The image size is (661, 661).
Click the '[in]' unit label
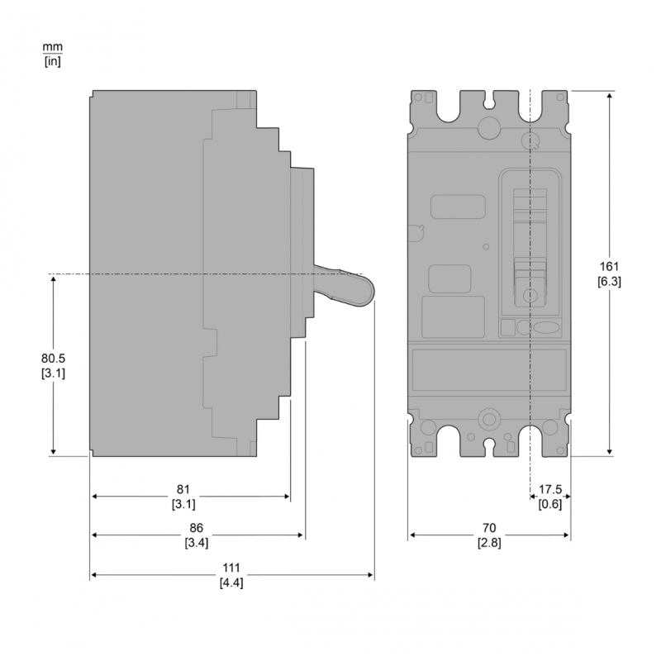click(x=51, y=60)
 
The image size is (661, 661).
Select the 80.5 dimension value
click(x=54, y=359)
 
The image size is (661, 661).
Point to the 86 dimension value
click(x=196, y=528)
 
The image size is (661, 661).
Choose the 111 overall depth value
click(x=231, y=568)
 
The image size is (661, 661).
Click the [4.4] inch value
click(x=231, y=583)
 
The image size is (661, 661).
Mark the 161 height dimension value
click(x=609, y=266)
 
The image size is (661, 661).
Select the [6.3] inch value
click(x=609, y=281)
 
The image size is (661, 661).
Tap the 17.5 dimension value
click(x=549, y=490)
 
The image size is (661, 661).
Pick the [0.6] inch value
click(x=549, y=504)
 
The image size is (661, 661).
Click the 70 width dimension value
click(x=488, y=528)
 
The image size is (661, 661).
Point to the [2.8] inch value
click(x=488, y=542)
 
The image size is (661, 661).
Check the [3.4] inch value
click(x=196, y=542)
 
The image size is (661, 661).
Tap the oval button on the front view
click(x=547, y=328)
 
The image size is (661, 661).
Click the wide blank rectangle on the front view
click(x=488, y=369)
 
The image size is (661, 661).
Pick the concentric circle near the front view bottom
click(x=488, y=419)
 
